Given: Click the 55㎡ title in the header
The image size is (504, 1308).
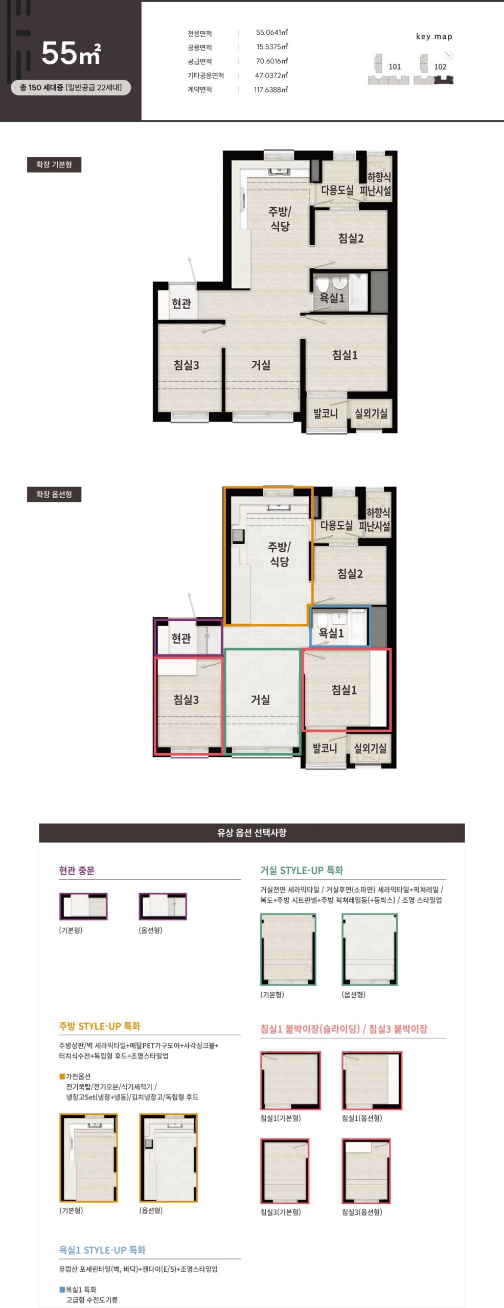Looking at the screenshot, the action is tap(71, 53).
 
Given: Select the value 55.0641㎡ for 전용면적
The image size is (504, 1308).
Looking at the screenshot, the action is tap(272, 33).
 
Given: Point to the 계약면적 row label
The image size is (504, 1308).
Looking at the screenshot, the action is tap(199, 89).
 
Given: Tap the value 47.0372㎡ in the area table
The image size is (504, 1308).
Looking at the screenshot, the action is tap(271, 75).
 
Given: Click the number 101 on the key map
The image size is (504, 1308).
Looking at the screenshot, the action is tap(395, 66).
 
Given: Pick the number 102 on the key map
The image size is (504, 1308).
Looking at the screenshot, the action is tap(440, 66).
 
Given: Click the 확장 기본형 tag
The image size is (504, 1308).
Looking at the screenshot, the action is tap(54, 165).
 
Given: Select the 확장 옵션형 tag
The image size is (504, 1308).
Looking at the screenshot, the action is tap(54, 494).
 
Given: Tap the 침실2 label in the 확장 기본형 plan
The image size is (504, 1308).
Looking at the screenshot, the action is tap(351, 238).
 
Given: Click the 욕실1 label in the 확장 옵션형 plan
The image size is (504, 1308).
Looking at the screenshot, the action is tap(331, 633).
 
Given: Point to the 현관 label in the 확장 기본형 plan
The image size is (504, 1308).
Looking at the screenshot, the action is tap(181, 303).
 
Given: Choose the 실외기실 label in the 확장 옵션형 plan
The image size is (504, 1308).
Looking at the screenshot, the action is tap(370, 748).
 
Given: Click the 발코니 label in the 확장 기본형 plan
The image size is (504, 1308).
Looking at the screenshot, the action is tap(326, 413).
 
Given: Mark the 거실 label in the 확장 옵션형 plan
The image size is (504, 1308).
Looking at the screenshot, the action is tap(260, 699).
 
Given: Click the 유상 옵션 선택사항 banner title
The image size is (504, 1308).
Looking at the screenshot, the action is tap(252, 832).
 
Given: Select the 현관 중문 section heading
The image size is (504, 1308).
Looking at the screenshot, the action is tap(77, 870).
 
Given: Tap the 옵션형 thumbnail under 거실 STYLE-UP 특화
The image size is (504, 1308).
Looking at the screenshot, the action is tap(370, 949).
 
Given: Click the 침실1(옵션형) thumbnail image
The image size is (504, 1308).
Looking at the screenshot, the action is tap(372, 1080).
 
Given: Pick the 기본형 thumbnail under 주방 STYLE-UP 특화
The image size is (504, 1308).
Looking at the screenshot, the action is tap(89, 1157).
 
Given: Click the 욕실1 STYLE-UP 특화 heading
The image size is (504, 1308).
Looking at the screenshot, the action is tap(102, 1250).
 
